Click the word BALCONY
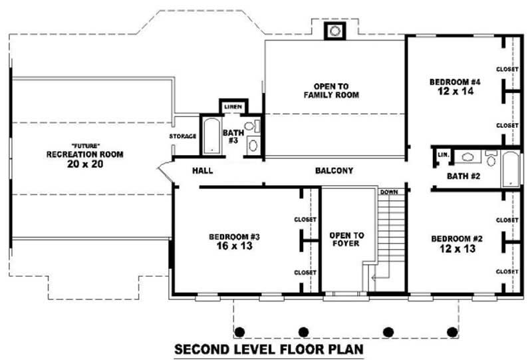334,171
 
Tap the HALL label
202,171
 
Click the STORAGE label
183,136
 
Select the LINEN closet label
232,107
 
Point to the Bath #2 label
464,176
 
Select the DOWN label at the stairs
388,192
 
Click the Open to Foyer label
346,240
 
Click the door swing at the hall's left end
164,172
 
